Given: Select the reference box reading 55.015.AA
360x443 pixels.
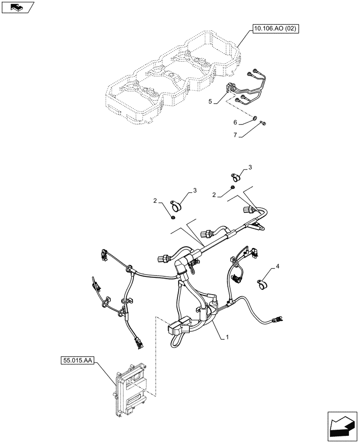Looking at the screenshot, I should tap(75, 361).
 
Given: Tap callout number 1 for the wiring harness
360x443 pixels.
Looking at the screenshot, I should tap(227, 337).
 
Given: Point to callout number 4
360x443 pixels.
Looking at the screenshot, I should tap(278, 267).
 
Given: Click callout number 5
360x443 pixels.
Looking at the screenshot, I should tap(211, 101).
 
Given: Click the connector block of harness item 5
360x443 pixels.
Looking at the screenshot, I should tap(231, 89).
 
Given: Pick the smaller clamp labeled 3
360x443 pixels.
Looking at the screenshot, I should tap(236, 178).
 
